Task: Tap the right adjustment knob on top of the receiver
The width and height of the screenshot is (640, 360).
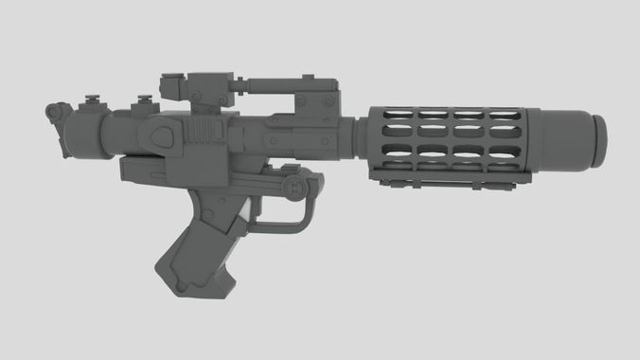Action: (x=144, y=100)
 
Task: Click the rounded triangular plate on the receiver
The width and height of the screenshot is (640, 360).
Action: (x=167, y=136)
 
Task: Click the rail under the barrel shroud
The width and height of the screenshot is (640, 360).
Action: (x=445, y=179)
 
